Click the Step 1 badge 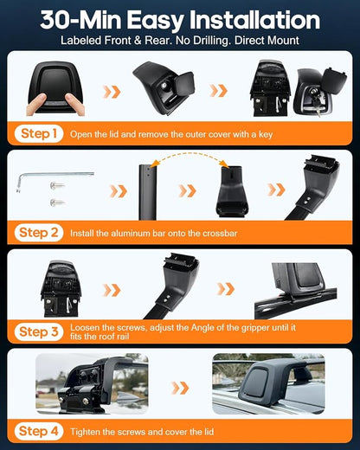[39, 133]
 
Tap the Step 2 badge [39, 233]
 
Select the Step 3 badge [39, 331]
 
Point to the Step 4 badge [39, 431]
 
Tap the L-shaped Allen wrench [55, 181]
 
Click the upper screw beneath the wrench [57, 186]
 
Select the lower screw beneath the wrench [57, 202]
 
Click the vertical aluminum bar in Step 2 [147, 192]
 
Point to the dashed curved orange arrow [190, 155]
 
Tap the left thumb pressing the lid [36, 104]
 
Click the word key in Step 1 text [266, 135]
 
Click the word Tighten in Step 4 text [85, 432]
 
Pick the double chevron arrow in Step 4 [180, 388]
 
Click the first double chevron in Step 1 [112, 92]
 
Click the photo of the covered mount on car [268, 383]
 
